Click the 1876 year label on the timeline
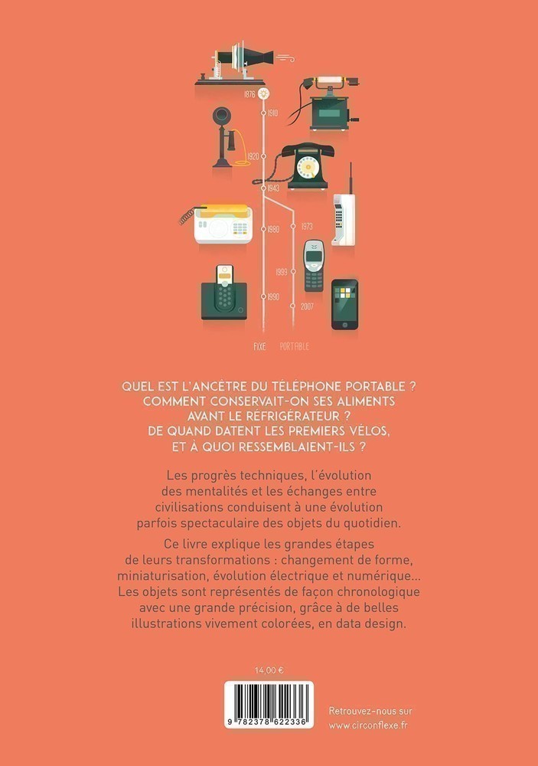click(x=249, y=93)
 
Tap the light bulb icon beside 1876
click(x=264, y=93)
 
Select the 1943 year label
click(x=273, y=188)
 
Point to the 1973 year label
click(x=307, y=226)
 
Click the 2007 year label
click(x=307, y=306)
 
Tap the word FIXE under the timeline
click(x=259, y=346)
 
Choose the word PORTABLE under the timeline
click(x=295, y=346)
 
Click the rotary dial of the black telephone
click(x=308, y=167)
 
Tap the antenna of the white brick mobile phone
click(x=351, y=178)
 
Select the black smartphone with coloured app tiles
click(x=344, y=304)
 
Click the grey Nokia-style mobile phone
click(x=314, y=266)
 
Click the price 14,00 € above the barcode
click(x=269, y=670)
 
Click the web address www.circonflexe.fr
click(x=368, y=725)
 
